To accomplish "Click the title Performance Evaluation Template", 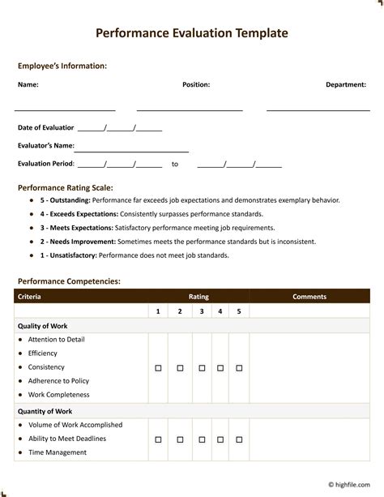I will click(191, 33).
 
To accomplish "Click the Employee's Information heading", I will click(62, 66).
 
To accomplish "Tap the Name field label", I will click(28, 84).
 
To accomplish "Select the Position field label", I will click(196, 84).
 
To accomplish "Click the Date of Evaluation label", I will click(46, 128).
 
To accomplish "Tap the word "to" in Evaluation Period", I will click(174, 164).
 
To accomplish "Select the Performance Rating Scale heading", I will click(66, 187).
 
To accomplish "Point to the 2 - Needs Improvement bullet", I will click(78, 242).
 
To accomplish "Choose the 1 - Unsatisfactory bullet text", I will click(69, 255).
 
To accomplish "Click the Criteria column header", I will click(30, 297).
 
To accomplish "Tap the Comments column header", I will click(309, 297).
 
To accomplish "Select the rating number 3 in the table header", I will click(201, 311).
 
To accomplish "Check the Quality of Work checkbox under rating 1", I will click(158, 368).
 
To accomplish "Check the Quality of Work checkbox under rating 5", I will click(238, 368).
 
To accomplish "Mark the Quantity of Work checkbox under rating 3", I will click(201, 439).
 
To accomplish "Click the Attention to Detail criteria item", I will click(56, 340).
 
